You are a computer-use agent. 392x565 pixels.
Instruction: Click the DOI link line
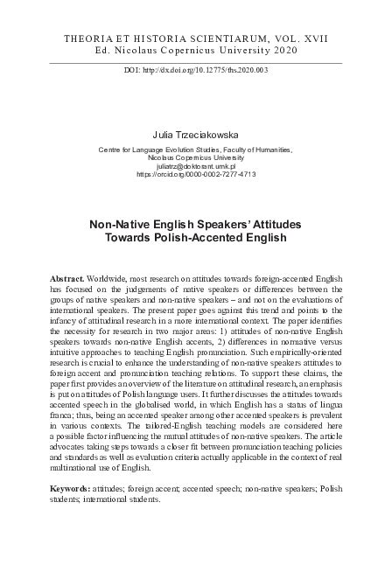(196, 69)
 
